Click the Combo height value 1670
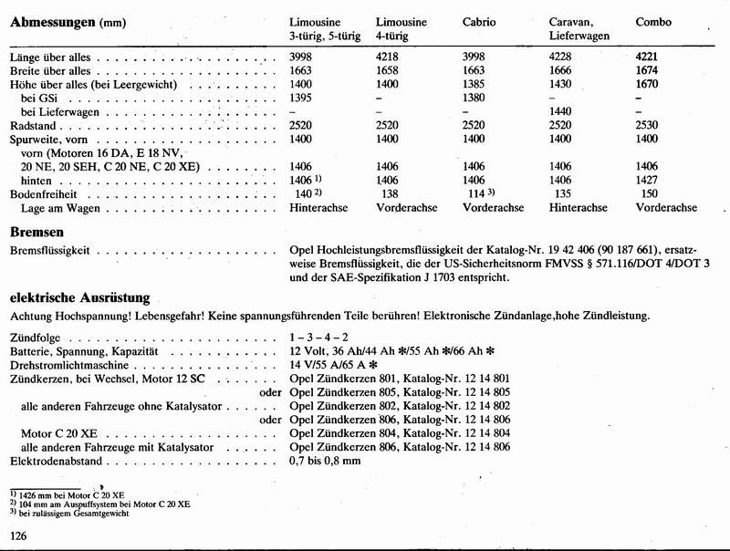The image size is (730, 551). click(649, 84)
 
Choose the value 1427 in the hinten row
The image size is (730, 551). click(649, 181)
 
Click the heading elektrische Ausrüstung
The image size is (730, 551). click(79, 297)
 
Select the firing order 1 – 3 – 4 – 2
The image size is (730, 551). click(317, 338)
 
